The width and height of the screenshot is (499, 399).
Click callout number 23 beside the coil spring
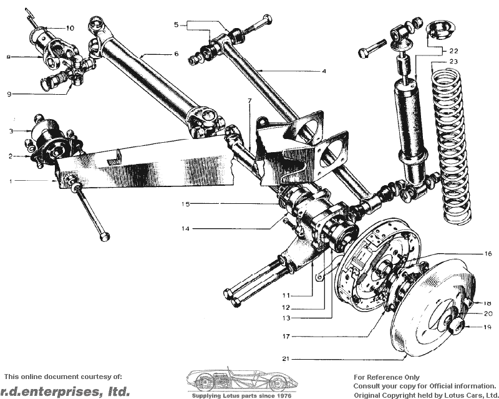point(453,62)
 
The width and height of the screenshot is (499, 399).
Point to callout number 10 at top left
point(70,28)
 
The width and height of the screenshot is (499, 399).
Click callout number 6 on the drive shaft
point(177,54)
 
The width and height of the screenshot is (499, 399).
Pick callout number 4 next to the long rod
point(324,71)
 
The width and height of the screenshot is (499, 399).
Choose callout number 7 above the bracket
point(249,100)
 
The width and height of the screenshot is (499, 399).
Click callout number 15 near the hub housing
point(186,204)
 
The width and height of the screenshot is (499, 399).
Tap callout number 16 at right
point(488,254)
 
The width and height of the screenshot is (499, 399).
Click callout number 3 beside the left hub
point(11,131)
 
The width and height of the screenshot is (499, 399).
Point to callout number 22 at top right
point(453,50)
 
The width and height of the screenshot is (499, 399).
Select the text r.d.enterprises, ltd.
point(67,392)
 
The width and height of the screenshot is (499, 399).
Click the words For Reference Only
point(387,377)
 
